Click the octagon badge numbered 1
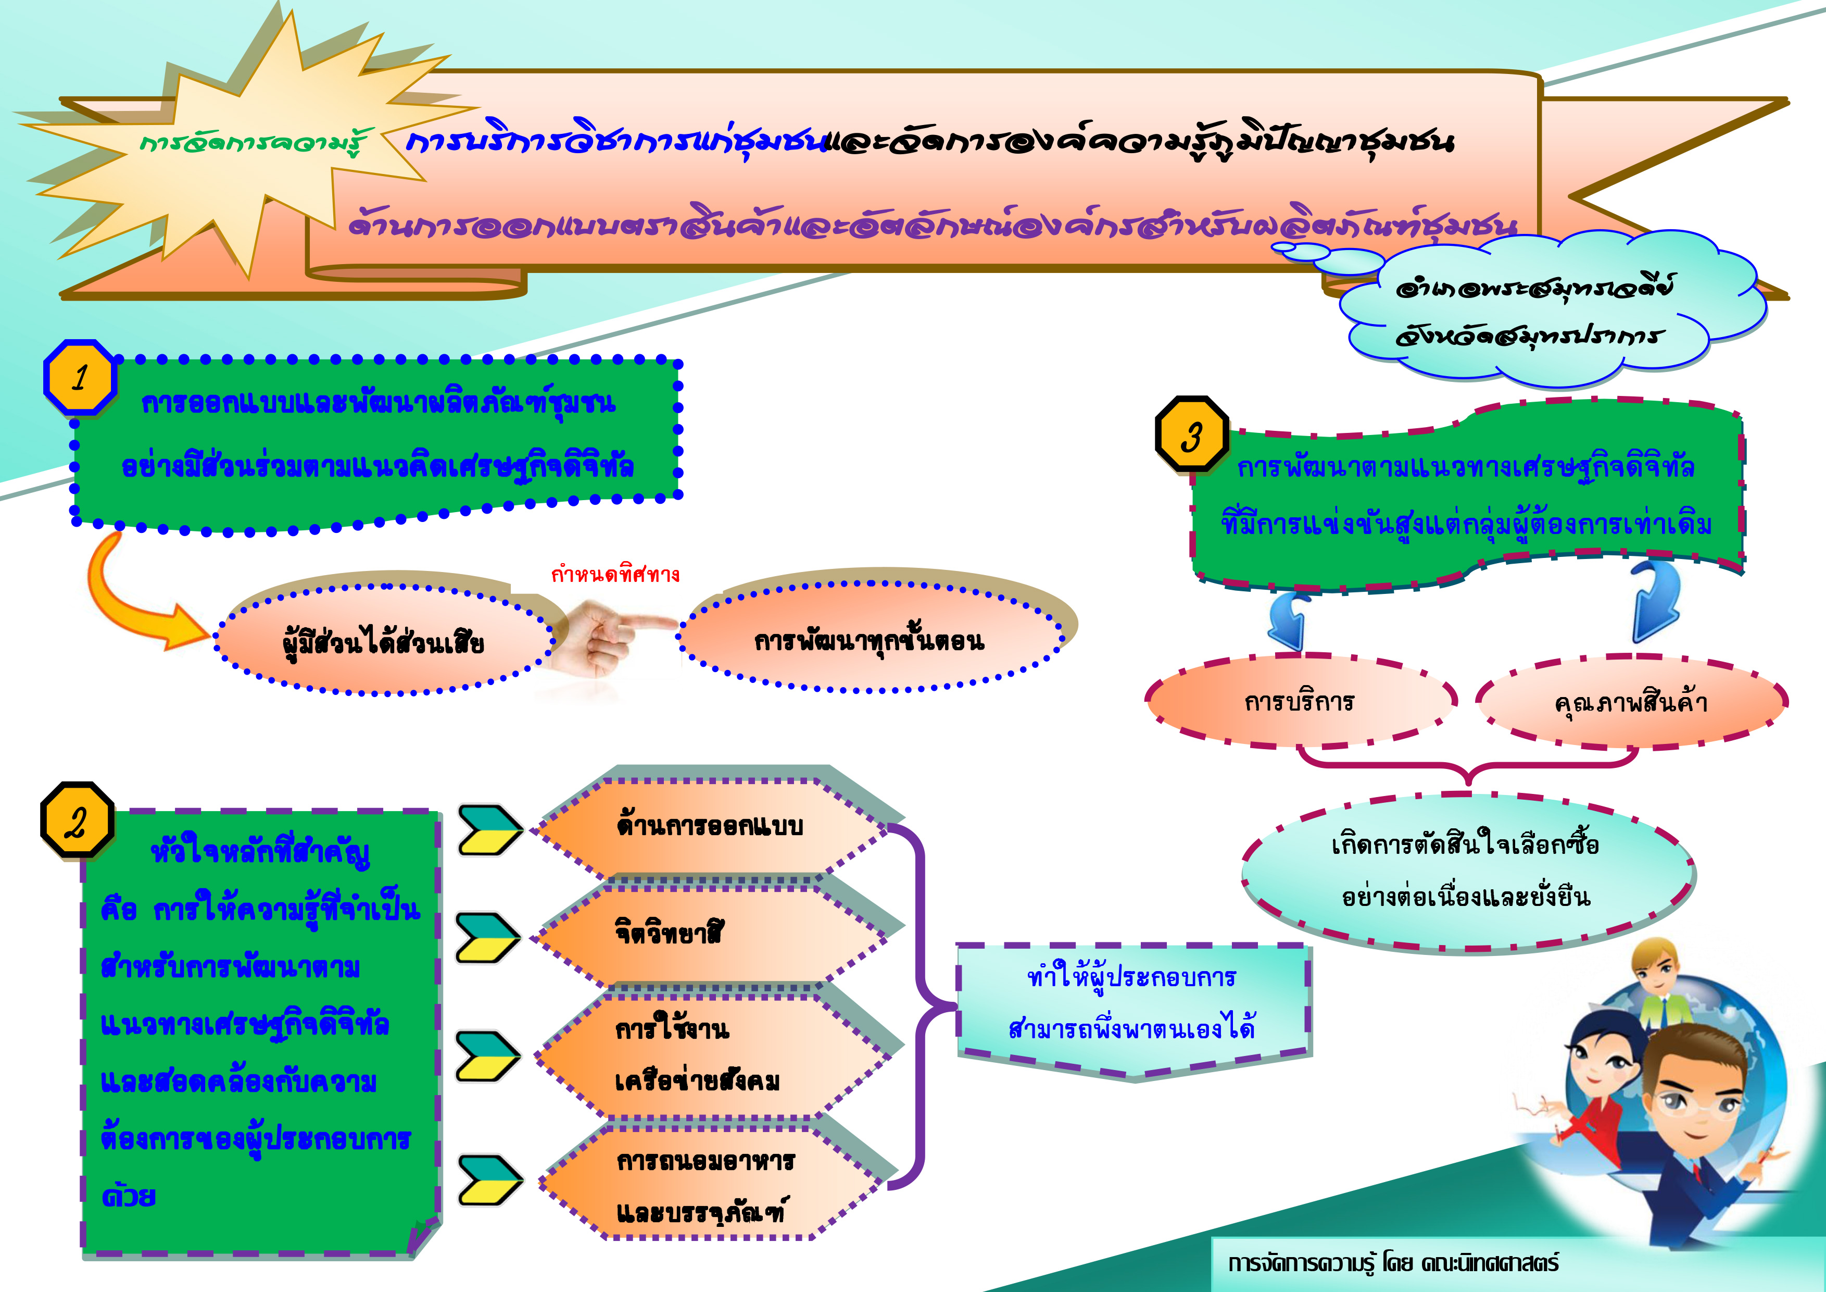coord(80,377)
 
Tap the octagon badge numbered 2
coord(77,820)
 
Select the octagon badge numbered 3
coord(1191,434)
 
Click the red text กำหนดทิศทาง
coord(615,574)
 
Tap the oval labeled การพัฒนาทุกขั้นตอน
coord(869,639)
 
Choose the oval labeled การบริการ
coord(1300,701)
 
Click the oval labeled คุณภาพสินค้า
coord(1630,702)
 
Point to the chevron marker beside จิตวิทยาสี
coord(487,938)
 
